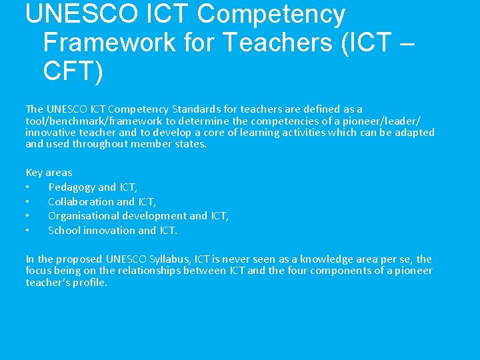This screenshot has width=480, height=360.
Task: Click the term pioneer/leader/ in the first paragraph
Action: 383,121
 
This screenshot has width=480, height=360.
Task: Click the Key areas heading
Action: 49,172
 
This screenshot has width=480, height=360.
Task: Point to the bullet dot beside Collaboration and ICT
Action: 27,201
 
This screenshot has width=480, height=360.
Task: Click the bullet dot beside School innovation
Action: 27,230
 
